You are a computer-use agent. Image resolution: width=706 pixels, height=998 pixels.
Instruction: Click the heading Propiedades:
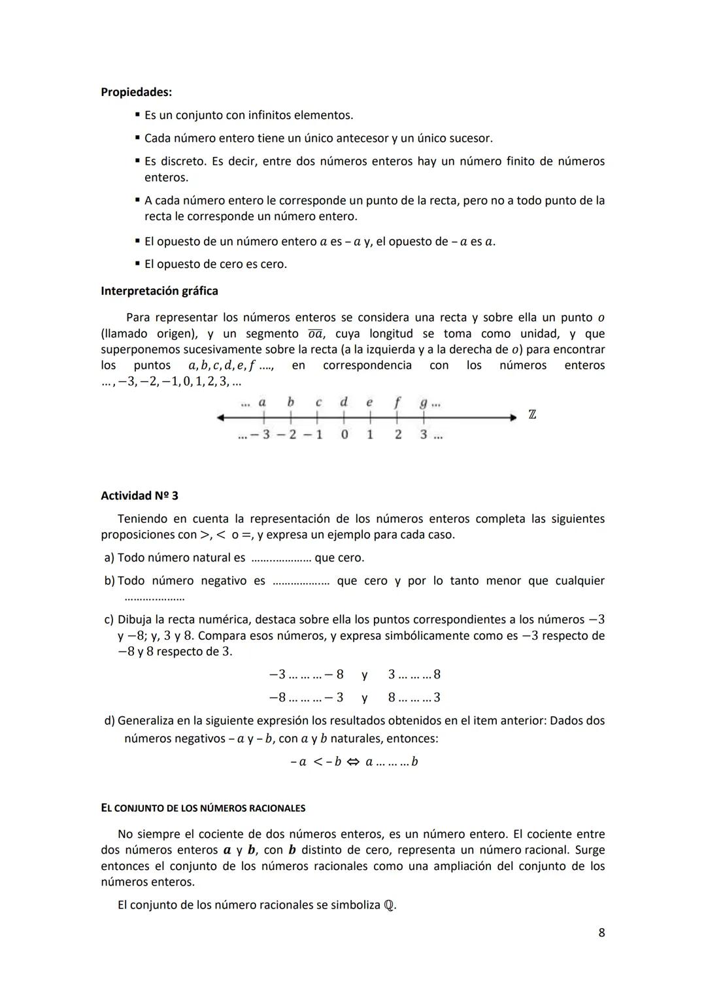[136, 92]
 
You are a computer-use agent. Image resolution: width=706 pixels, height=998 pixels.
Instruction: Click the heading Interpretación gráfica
[160, 291]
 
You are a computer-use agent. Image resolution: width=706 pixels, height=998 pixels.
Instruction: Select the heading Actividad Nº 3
[139, 495]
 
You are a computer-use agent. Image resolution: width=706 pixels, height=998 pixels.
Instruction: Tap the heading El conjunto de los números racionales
[203, 808]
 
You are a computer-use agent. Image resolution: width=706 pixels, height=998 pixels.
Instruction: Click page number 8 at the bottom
[601, 933]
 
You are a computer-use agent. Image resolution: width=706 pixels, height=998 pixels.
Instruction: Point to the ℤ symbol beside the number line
[532, 415]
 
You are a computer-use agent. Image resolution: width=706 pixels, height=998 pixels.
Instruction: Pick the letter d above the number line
[344, 402]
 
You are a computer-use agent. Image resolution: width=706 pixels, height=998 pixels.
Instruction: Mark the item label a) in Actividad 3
[109, 557]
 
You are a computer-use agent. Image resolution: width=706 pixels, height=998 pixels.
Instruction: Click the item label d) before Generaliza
[109, 720]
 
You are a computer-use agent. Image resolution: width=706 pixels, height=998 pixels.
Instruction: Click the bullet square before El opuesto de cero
[137, 264]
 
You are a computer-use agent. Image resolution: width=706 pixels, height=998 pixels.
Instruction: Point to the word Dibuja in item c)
[135, 619]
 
